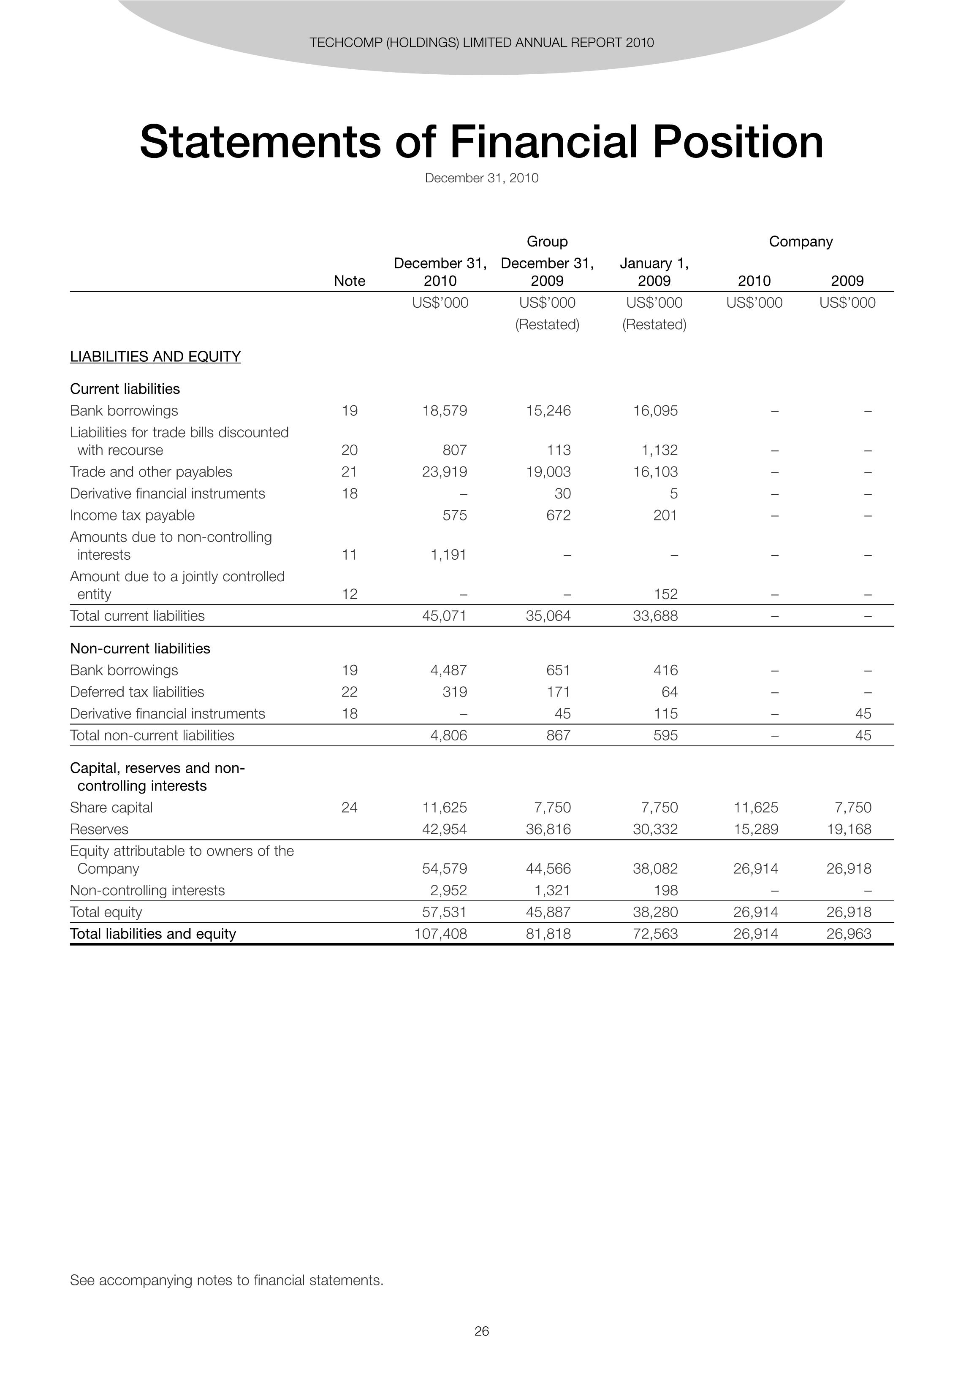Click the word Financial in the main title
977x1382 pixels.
tap(543, 142)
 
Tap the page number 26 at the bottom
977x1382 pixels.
tap(482, 1331)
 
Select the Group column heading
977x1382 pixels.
tap(547, 241)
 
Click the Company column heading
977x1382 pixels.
tap(800, 241)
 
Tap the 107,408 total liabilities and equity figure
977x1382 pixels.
tap(441, 934)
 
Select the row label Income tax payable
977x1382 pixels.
tap(133, 515)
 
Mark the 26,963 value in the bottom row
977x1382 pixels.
tap(849, 934)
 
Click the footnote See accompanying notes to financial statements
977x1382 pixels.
tap(226, 1280)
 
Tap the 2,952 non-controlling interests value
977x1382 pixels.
tap(448, 890)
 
